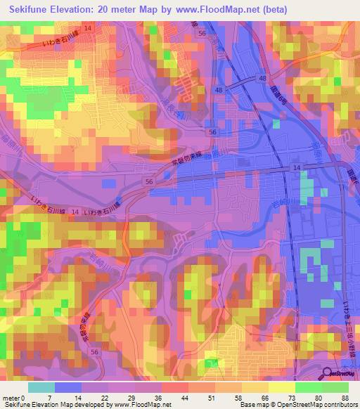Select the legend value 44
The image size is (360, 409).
(175, 397)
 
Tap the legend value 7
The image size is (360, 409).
(49, 397)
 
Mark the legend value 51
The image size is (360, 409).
(205, 397)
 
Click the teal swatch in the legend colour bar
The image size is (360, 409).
(41, 387)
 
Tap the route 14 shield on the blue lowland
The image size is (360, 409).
(297, 167)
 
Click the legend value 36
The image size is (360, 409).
(148, 397)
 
